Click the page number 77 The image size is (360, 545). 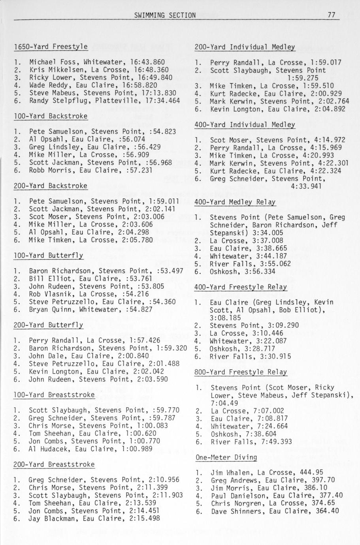tap(331, 15)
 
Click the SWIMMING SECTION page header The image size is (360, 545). tap(165, 15)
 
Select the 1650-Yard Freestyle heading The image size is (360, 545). tap(51, 47)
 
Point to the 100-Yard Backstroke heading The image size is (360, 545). tap(51, 116)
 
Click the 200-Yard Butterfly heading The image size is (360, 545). tap(48, 325)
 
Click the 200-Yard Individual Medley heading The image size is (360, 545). tap(245, 47)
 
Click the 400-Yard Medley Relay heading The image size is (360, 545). tap(235, 202)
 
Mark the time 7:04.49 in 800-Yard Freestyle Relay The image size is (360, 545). tap(224, 403)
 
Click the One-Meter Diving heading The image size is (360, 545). tap(226, 457)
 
